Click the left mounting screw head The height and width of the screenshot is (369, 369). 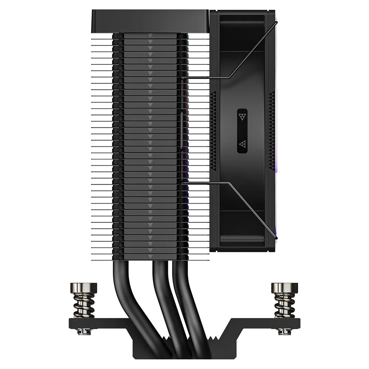click(83, 288)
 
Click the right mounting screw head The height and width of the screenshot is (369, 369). click(284, 288)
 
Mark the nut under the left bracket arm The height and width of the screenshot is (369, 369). click(84, 330)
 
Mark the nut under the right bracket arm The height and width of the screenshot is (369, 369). click(284, 330)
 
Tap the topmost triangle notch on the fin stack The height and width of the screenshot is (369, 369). click(150, 36)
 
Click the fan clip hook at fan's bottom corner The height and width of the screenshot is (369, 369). click(276, 238)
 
